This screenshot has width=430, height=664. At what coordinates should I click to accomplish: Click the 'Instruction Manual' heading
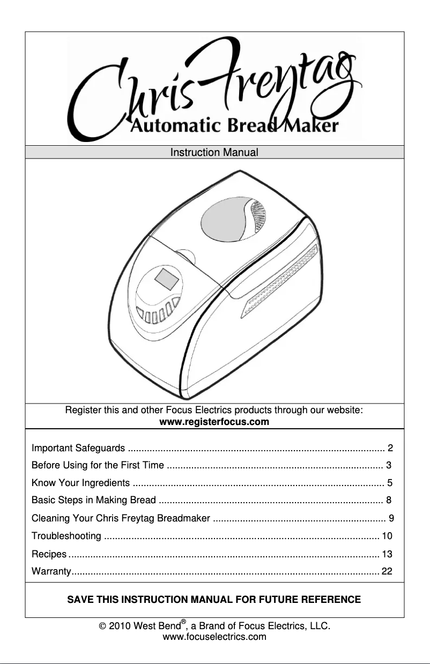(x=214, y=153)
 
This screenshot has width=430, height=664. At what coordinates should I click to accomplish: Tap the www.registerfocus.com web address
(x=214, y=423)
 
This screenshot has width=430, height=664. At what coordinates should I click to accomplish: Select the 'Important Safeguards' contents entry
(x=79, y=448)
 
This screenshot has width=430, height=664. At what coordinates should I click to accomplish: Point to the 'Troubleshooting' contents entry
(x=66, y=536)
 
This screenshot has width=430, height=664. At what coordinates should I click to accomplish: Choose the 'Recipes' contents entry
(x=49, y=554)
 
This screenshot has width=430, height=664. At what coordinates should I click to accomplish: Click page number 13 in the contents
(x=387, y=554)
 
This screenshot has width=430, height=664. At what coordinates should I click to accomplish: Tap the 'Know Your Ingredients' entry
(x=80, y=483)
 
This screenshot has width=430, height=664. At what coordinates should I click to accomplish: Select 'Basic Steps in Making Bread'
(x=94, y=501)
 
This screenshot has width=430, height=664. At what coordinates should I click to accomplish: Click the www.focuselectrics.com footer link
(x=214, y=637)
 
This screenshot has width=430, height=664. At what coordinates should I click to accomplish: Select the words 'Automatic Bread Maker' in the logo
(x=235, y=126)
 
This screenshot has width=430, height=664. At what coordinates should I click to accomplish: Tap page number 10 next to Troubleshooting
(x=387, y=536)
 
